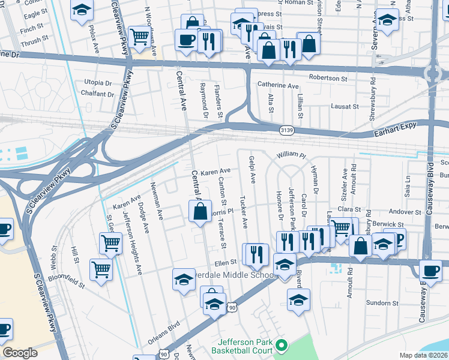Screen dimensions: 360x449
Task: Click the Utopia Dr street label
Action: point(98,82)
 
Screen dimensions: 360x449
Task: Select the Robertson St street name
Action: point(328,78)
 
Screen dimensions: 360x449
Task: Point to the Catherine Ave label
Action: point(278,86)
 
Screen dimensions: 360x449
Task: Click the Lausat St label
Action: point(345,106)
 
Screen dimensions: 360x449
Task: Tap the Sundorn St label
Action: point(379,303)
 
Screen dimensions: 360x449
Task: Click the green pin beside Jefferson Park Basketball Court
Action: point(279,345)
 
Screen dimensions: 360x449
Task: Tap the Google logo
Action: point(20,353)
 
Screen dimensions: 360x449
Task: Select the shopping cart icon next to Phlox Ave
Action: point(139,36)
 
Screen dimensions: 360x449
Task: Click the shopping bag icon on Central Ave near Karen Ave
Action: point(200,211)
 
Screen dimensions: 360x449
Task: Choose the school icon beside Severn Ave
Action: point(387,20)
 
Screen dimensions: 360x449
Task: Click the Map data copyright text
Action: point(424,355)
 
